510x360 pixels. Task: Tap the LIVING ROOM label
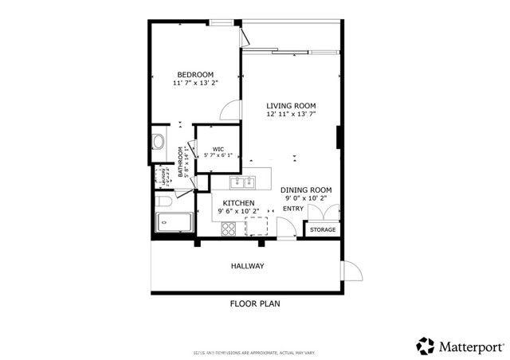point(291,105)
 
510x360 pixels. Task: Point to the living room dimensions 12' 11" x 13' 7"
point(291,114)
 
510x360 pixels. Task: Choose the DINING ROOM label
point(306,190)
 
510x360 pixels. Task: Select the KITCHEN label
point(237,203)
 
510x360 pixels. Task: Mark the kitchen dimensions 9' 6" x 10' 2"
point(237,212)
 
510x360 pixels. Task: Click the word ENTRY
point(293,209)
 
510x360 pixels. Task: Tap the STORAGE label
point(323,229)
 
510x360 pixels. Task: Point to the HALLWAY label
point(247,265)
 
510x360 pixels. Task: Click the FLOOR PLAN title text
point(255,303)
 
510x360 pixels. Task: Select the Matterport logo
point(460,346)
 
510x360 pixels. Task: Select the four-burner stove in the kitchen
point(229,229)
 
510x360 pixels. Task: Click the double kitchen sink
point(243,181)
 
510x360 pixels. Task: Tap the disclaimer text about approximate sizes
point(255,350)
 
